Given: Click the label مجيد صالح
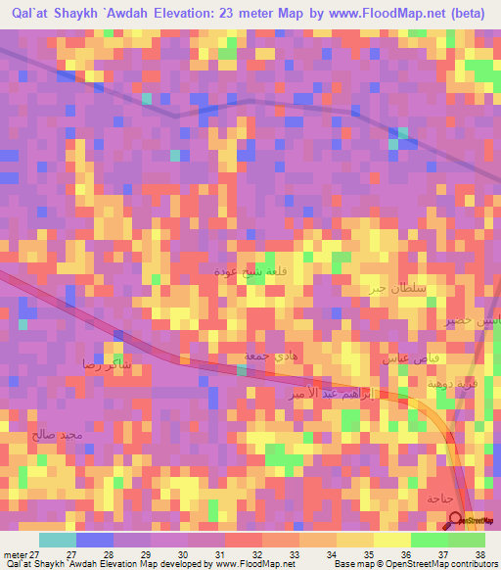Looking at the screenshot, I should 72,434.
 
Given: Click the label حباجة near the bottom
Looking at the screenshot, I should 439,499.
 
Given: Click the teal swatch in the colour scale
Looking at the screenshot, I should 58,541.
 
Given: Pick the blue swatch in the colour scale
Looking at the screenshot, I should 95,541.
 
